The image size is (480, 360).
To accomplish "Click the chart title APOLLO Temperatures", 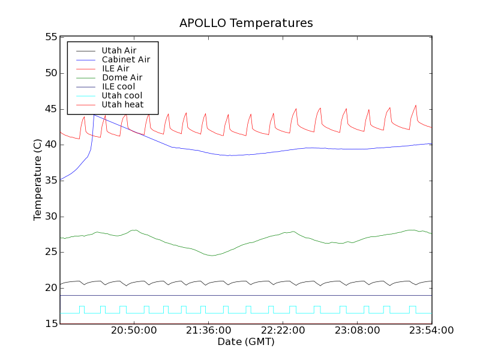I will [x=246, y=23].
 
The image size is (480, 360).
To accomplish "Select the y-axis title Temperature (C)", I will [x=38, y=180].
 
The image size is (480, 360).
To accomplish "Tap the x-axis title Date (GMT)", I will [x=246, y=342].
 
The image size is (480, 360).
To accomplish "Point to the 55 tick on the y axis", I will [x=50, y=37].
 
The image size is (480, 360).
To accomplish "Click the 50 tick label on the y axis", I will [x=50, y=73].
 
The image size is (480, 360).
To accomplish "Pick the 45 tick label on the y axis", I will [x=50, y=109].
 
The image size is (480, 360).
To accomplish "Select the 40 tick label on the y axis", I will [x=50, y=145].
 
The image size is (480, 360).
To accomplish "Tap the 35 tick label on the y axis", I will [x=50, y=181].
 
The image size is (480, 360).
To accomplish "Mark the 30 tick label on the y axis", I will [x=50, y=217].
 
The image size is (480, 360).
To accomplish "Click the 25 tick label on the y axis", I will [x=50, y=252].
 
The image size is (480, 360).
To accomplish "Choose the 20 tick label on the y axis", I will [x=50, y=288].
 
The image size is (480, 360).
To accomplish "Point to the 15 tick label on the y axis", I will [x=50, y=324].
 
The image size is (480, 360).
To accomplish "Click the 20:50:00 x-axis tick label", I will [x=134, y=331].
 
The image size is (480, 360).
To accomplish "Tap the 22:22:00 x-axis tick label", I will [x=283, y=331].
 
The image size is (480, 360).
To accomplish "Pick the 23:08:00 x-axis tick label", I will [x=358, y=331].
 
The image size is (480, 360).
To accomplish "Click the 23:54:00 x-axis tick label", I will [x=431, y=331].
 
